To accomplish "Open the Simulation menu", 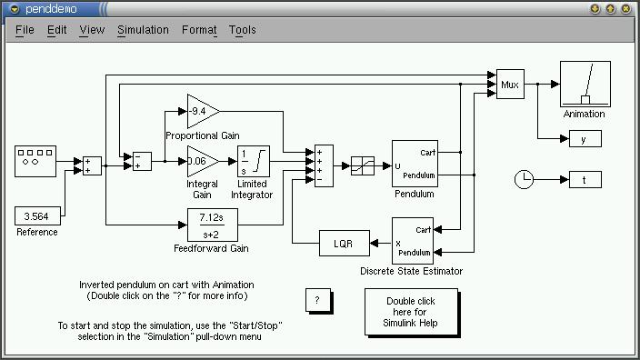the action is click(143, 30).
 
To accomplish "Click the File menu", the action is click(25, 30).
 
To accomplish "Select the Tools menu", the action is click(242, 30).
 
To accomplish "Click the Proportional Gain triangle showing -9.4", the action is click(203, 111).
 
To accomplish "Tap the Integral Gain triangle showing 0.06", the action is click(203, 161).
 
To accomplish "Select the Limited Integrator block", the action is click(254, 161).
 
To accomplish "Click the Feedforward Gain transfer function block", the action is click(212, 225).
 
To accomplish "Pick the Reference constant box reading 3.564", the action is click(37, 216).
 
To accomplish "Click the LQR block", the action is click(344, 244).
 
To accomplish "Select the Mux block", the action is click(510, 84).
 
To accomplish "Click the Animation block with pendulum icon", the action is click(585, 84).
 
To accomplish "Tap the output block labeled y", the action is click(585, 139).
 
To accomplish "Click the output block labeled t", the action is click(585, 180).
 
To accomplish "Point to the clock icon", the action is click(524, 180).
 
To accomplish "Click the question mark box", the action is click(318, 300).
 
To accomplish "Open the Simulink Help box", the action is click(412, 312).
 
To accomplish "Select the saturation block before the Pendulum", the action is click(363, 165).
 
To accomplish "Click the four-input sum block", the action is click(324, 165).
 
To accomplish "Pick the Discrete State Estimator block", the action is click(412, 241).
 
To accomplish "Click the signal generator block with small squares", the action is click(35, 161).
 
